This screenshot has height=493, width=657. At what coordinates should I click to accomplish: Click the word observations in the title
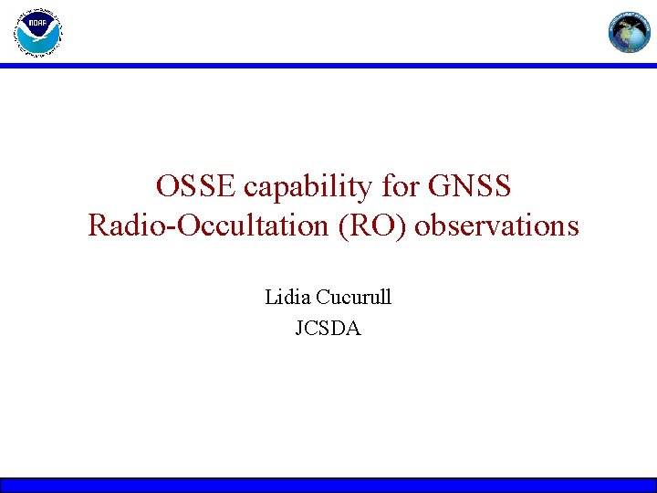[496, 225]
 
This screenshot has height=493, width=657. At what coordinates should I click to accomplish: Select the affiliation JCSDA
[328, 328]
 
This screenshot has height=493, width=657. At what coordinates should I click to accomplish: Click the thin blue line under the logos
[328, 66]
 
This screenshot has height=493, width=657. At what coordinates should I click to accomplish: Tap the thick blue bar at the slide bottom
[328, 485]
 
